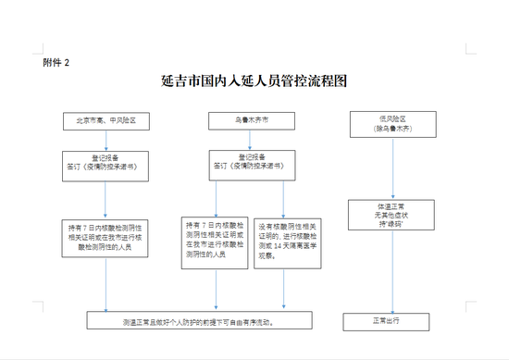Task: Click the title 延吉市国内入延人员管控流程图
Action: tap(254, 81)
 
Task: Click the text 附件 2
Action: tap(56, 62)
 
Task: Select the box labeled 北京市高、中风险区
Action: tap(106, 120)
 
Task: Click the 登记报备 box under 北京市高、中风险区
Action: tap(106, 162)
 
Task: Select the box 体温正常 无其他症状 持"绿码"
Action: tap(392, 212)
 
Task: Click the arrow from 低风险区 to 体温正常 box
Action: tap(392, 167)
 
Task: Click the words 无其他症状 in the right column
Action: tap(392, 212)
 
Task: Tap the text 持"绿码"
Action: tap(392, 220)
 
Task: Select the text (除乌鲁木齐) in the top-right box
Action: tap(392, 128)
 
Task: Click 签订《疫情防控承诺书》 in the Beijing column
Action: tap(106, 166)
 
